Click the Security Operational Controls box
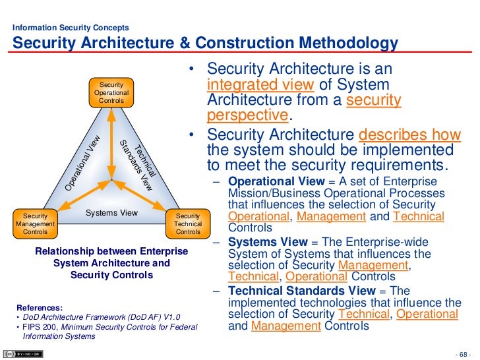[111, 93]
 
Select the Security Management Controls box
[35, 224]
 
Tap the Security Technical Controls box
[188, 224]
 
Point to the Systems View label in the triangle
[111, 213]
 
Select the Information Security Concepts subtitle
[71, 28]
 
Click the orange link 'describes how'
[409, 133]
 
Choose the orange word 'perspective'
[248, 115]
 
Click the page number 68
[465, 351]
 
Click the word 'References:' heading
[40, 307]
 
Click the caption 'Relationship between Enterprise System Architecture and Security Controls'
[111, 263]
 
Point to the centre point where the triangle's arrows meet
[111, 179]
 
